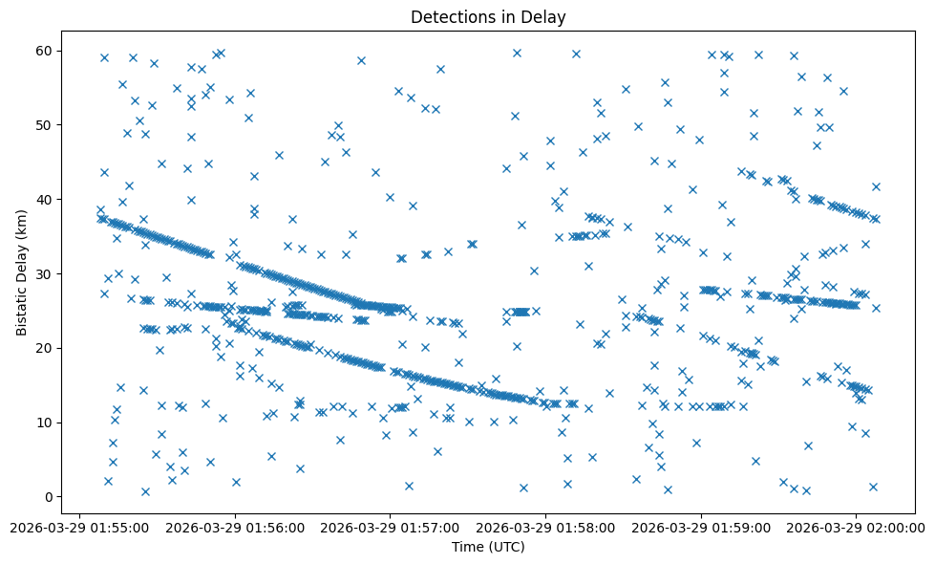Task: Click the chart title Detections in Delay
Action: (487, 16)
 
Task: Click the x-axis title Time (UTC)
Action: (487, 547)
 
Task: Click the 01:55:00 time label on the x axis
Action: (79, 527)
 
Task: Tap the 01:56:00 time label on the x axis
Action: (235, 527)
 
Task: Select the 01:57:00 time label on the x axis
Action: (391, 527)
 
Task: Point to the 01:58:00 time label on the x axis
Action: (546, 527)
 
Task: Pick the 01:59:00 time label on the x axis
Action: (702, 527)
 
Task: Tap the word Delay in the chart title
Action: (545, 16)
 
